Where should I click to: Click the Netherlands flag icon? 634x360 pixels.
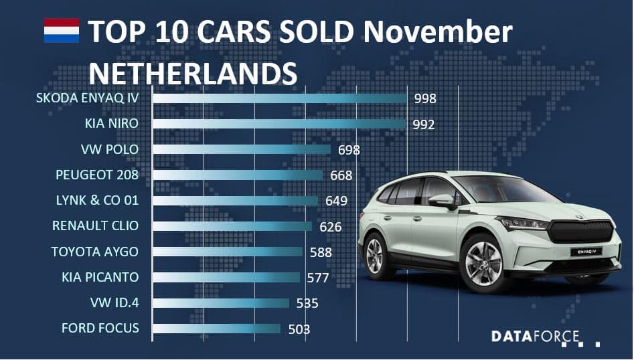pos(62,31)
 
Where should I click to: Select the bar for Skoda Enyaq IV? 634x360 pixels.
pos(280,98)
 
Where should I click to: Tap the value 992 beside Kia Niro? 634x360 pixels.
pos(423,124)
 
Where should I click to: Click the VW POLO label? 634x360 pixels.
pos(109,149)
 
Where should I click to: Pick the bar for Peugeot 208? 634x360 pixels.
pos(238,175)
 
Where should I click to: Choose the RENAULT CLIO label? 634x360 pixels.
pos(96,226)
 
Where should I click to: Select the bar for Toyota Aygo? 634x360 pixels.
pos(228,252)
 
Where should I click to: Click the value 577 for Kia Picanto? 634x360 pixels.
pos(319,278)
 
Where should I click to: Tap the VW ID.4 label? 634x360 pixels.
pos(114,302)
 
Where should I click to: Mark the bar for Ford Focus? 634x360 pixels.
pos(216,328)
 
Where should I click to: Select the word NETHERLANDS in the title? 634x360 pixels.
pos(193,72)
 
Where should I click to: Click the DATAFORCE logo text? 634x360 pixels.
pos(535,336)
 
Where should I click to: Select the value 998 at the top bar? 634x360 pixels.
pos(425,99)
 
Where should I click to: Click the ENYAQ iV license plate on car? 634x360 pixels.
pos(582,253)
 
